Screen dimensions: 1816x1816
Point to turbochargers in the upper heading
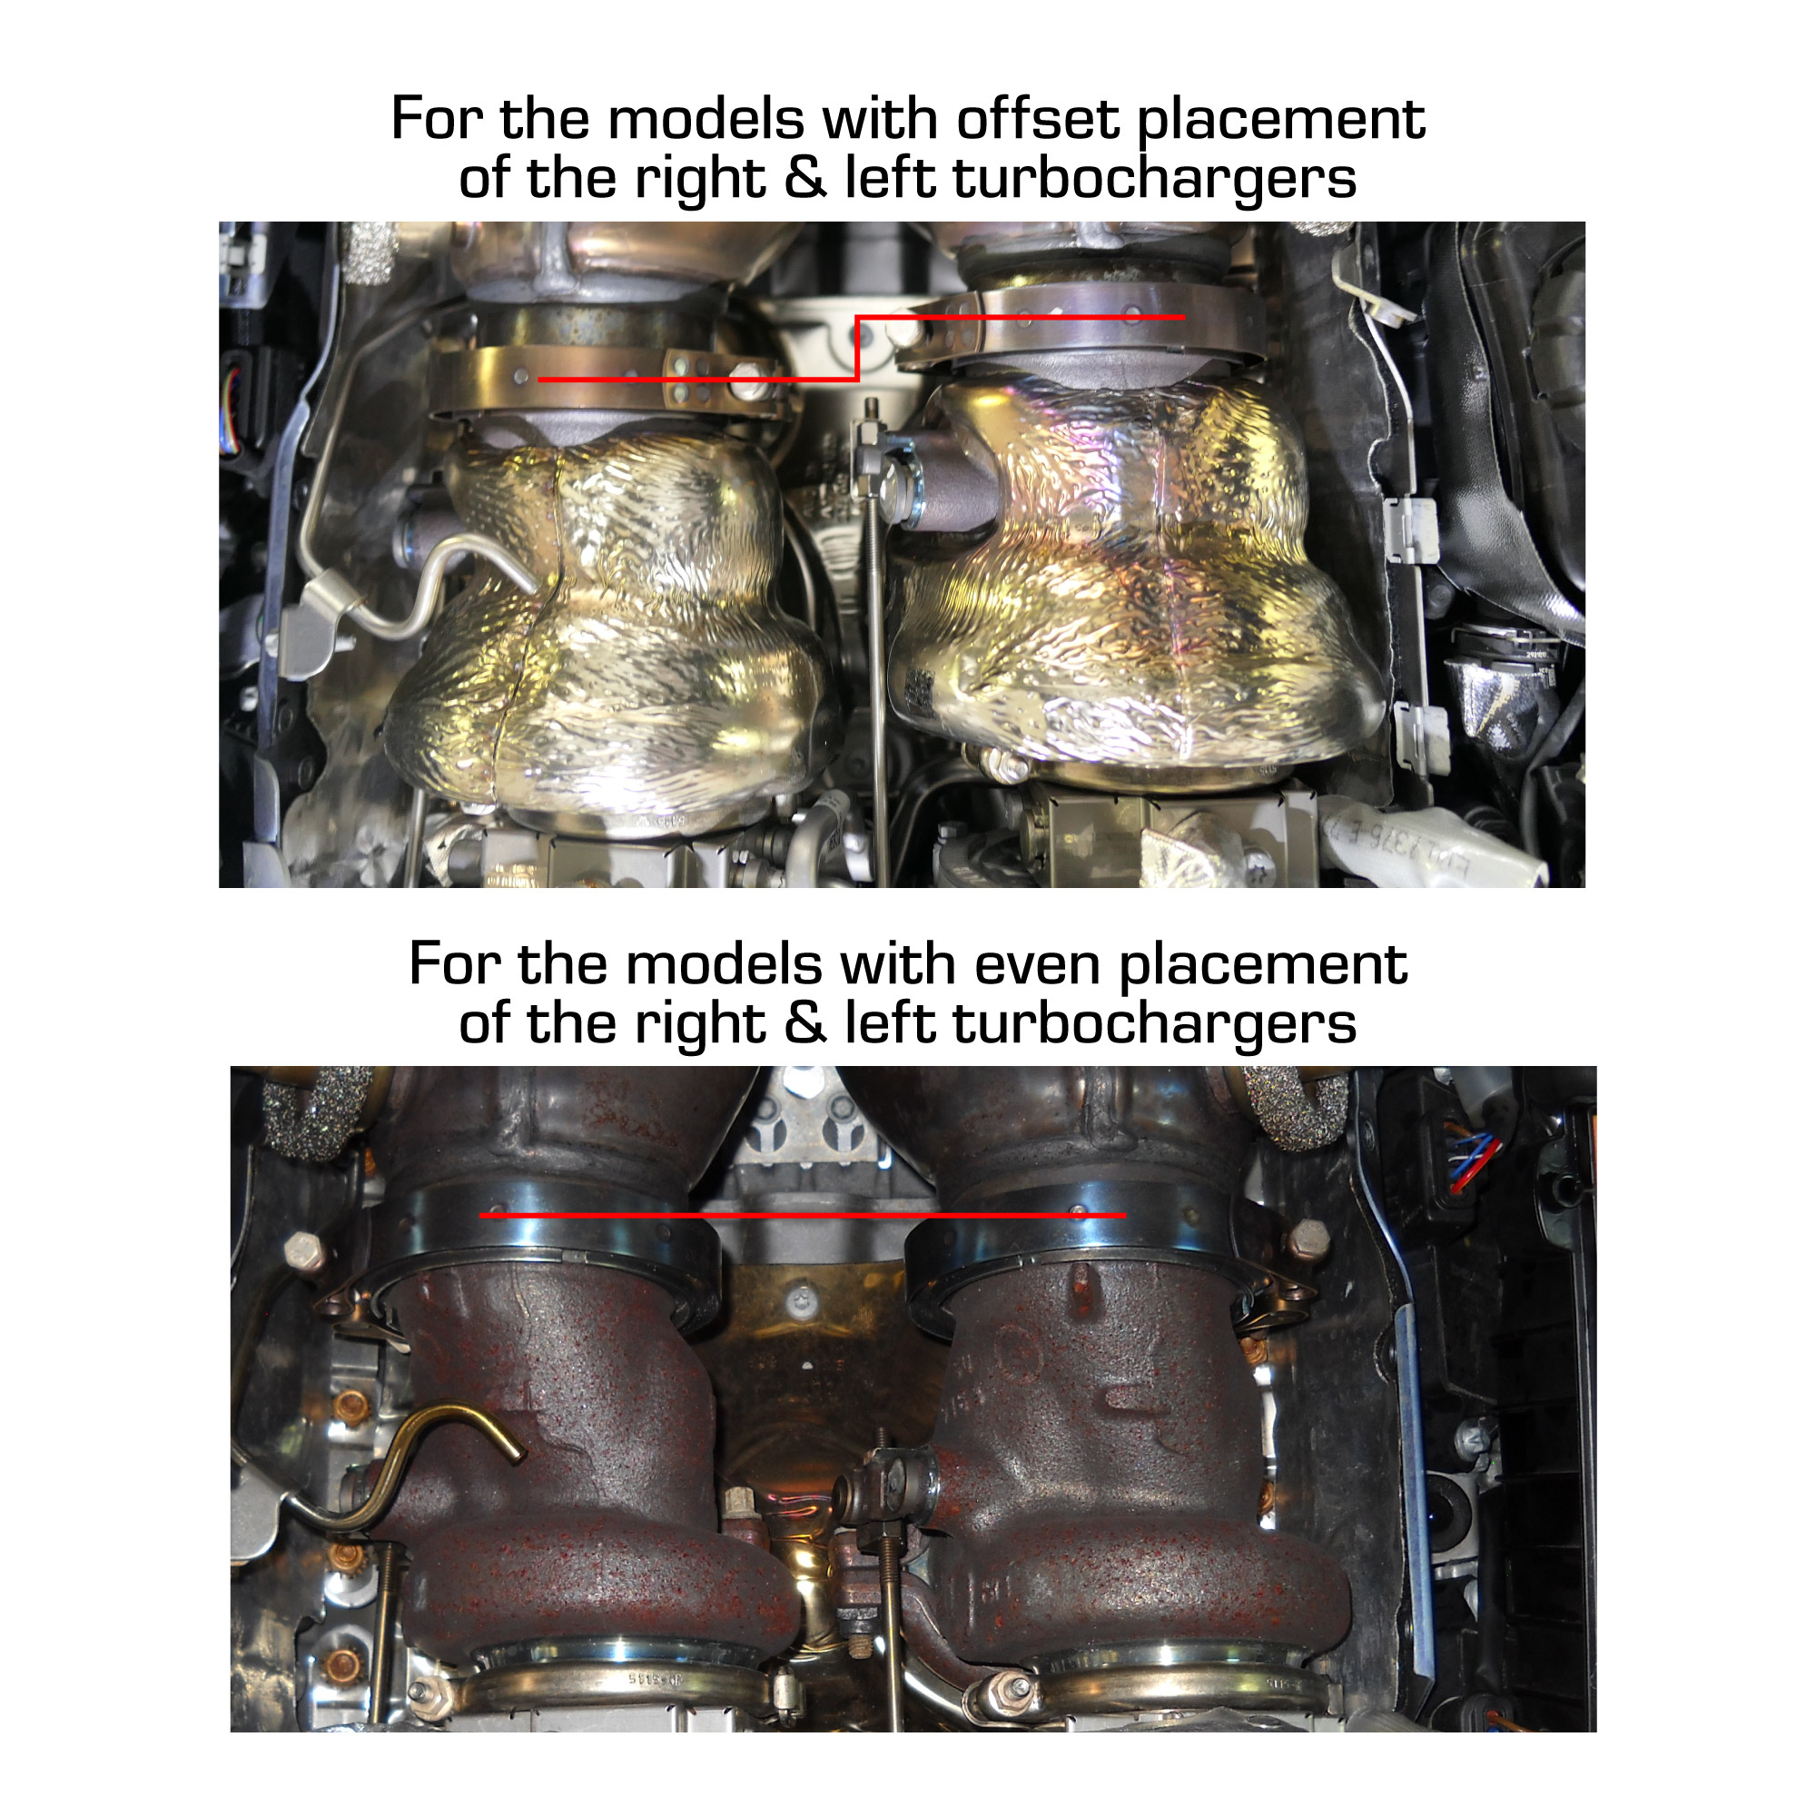[x=1155, y=179]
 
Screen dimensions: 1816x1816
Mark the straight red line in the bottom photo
[x=802, y=1216]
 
